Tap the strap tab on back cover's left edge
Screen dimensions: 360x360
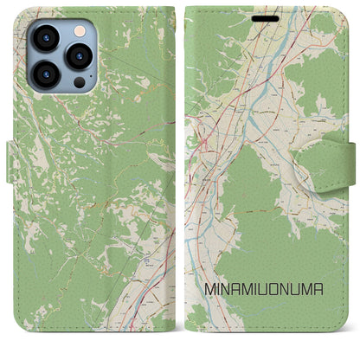12,162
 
